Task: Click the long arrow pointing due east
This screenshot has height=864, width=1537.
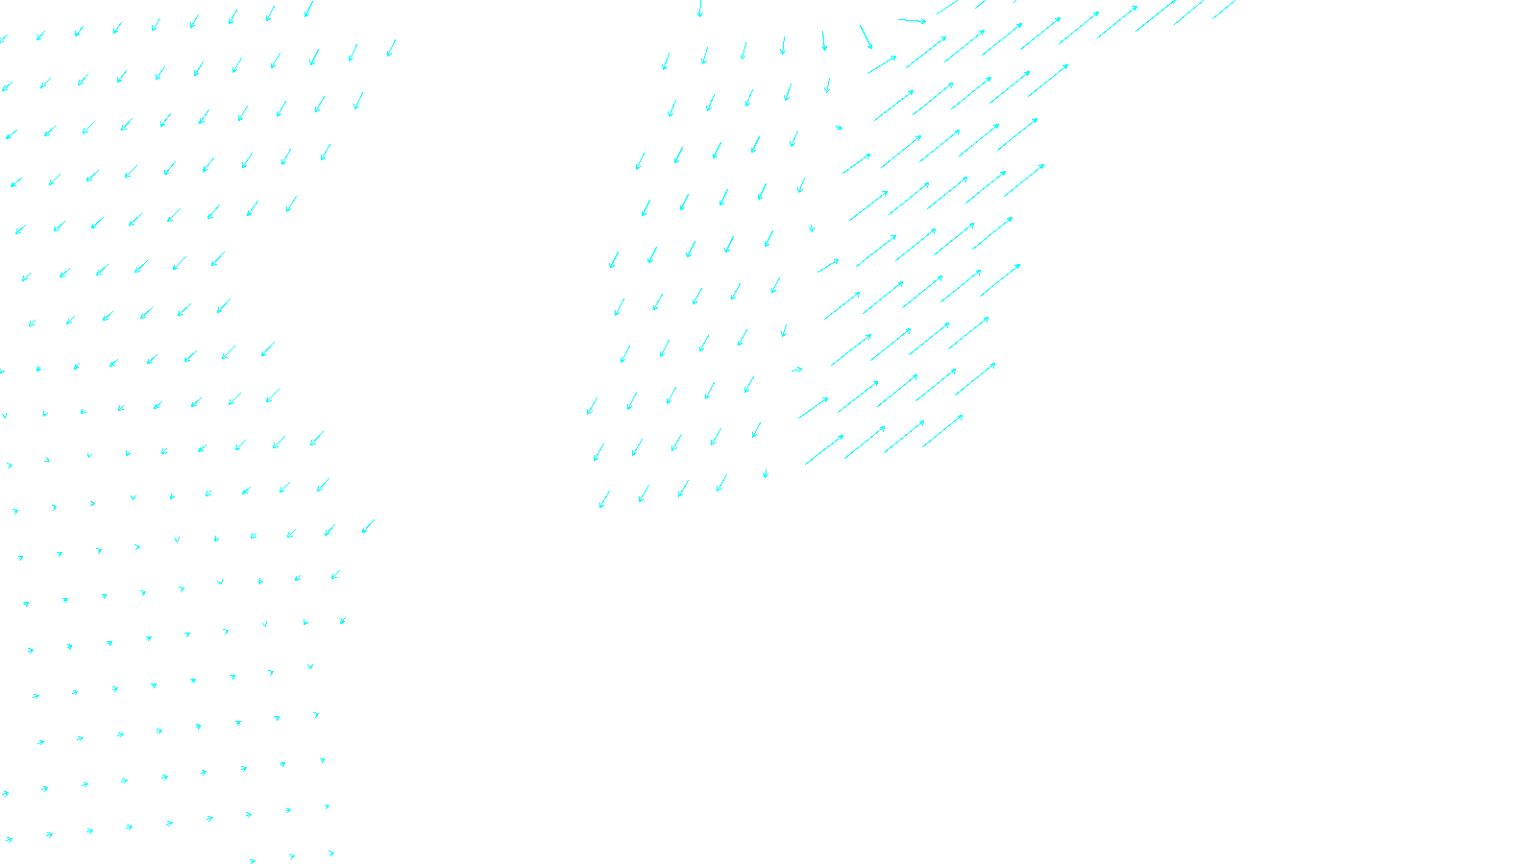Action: click(912, 20)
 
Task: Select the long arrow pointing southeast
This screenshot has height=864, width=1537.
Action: click(866, 36)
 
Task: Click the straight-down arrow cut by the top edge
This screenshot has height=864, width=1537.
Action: click(699, 9)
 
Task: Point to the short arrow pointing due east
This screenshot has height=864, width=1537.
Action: click(796, 370)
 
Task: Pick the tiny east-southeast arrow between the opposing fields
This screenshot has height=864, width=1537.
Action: click(839, 127)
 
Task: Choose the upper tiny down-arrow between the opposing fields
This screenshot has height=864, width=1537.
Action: click(812, 228)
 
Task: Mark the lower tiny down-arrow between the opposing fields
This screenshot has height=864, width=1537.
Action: click(766, 472)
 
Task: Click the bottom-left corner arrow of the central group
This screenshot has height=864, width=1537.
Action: click(604, 499)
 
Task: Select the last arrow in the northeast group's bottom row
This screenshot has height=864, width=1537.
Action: click(942, 431)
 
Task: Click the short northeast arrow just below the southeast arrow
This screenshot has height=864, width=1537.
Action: click(882, 64)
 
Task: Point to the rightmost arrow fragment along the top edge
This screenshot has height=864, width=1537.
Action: click(1223, 10)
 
